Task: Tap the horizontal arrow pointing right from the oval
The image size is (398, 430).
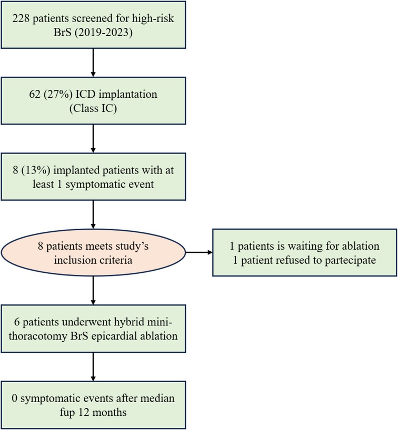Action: [x=198, y=253]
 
